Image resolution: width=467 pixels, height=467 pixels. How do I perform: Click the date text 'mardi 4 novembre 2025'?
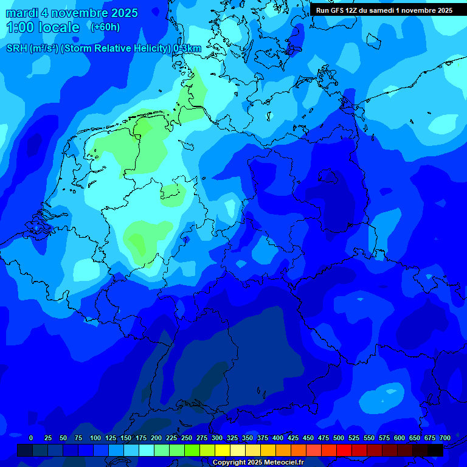tap(72, 13)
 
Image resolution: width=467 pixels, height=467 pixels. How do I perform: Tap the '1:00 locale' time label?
tap(43, 27)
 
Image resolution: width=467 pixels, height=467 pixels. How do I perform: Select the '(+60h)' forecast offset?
tap(105, 27)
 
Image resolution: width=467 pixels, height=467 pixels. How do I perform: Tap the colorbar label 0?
tap(30, 438)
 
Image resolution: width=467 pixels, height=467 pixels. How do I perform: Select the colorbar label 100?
tap(95, 438)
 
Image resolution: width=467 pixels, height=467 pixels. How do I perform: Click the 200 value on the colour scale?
tap(156, 438)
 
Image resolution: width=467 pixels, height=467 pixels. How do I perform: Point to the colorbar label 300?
tap(216, 438)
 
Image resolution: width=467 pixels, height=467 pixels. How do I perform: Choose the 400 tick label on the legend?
tap(277, 438)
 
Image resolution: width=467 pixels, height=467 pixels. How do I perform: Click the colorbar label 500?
tap(338, 438)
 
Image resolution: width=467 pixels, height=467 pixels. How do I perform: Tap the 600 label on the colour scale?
tap(399, 438)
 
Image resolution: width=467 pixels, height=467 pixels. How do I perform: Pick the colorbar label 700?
tap(445, 438)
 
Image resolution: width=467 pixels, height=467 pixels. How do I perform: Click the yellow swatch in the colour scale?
tap(223, 450)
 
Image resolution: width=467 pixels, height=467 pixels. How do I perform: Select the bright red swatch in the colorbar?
tap(344, 450)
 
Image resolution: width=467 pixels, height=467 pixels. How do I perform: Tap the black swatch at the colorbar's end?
tap(435, 450)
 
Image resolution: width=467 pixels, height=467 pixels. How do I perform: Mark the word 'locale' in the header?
tap(58, 27)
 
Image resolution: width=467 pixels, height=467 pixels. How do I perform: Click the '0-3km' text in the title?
tap(187, 49)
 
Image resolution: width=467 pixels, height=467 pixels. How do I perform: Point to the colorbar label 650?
tap(415, 438)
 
